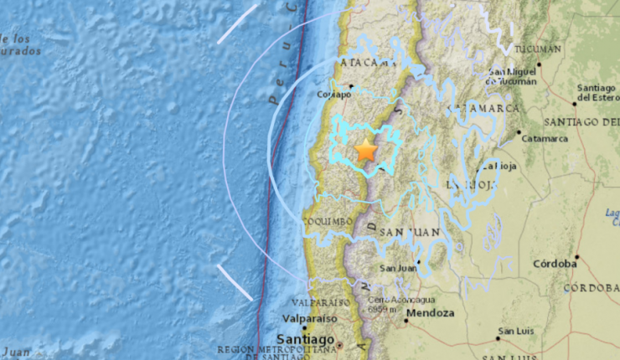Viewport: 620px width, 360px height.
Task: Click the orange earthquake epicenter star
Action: click(366, 151)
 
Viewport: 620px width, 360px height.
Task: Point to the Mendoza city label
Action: click(430, 313)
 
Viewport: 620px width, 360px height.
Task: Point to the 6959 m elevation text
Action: click(383, 308)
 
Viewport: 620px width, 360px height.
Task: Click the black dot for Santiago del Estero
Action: click(575, 103)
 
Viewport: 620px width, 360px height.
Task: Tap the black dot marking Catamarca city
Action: click(518, 132)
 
